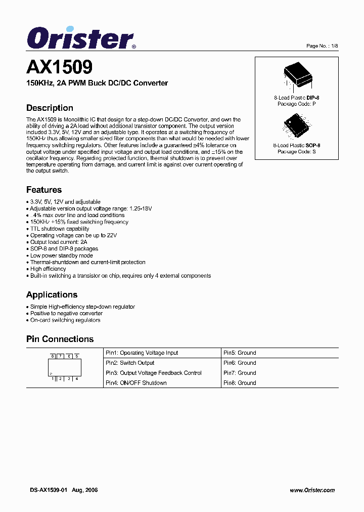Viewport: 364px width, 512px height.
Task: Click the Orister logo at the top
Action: click(x=81, y=38)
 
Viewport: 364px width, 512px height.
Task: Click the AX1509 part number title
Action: click(x=59, y=67)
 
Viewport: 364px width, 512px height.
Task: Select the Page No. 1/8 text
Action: click(x=322, y=46)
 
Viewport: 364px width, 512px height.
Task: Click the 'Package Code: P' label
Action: click(x=296, y=104)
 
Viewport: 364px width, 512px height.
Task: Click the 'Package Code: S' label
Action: click(x=296, y=151)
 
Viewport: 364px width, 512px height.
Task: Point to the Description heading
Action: click(x=50, y=108)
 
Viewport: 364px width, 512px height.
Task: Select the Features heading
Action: click(x=44, y=190)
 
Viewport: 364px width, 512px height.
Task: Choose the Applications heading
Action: click(x=52, y=294)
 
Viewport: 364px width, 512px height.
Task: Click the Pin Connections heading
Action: click(x=60, y=339)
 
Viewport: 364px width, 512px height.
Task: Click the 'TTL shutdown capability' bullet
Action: click(x=60, y=229)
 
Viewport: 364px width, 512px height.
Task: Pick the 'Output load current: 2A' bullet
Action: click(x=59, y=242)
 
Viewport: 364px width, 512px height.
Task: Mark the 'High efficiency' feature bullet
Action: click(x=48, y=269)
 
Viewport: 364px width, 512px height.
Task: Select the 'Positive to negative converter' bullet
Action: click(x=66, y=313)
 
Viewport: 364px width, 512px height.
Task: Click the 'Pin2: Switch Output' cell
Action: click(x=130, y=363)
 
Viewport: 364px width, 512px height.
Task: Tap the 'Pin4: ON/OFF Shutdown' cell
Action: click(x=136, y=383)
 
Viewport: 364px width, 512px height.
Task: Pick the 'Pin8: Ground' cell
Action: click(x=240, y=383)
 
